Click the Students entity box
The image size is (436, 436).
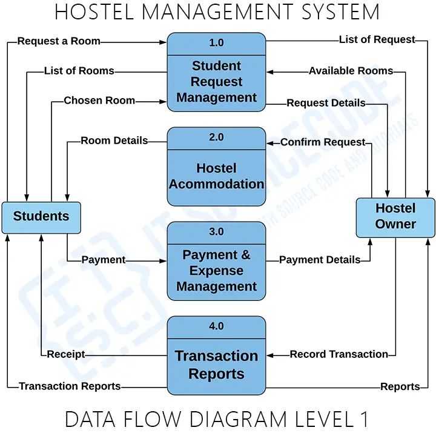41,217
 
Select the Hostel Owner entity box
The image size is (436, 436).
395,216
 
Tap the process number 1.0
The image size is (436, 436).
216,42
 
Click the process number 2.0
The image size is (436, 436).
216,137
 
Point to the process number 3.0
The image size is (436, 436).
216,232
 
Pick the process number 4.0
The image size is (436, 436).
216,326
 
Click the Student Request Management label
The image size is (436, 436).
216,82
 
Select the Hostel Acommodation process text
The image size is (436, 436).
216,176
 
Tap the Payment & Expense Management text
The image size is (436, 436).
216,271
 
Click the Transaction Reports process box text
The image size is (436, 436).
216,365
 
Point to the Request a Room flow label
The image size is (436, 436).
59,41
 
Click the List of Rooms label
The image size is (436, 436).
79,71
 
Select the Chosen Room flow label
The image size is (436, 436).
99,101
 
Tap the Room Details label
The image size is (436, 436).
114,140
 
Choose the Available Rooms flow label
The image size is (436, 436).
351,71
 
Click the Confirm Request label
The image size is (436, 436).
323,142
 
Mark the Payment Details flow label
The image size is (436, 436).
320,260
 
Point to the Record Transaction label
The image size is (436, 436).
339,354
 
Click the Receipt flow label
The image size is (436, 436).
66,354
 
